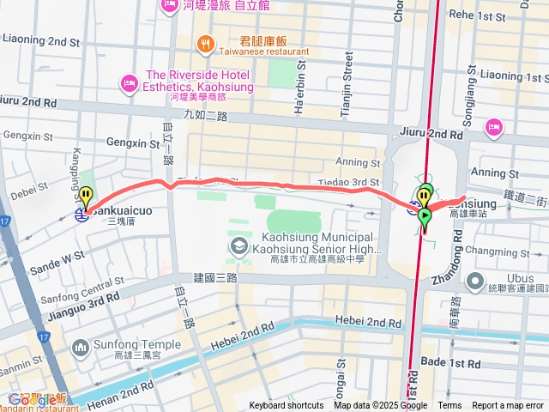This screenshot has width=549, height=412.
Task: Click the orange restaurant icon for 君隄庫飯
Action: tap(205, 42)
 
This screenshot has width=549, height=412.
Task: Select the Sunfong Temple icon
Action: tap(81, 348)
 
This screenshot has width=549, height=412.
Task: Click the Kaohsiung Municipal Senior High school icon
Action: tap(235, 247)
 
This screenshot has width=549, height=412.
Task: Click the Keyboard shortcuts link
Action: tap(287, 405)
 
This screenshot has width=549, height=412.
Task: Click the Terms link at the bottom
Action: tap(449, 405)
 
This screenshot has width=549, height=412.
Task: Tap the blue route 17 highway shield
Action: tap(6, 221)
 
